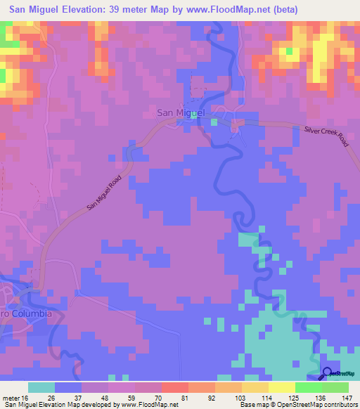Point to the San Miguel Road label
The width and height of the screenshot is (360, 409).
point(104,194)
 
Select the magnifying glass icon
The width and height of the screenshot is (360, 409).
point(328,374)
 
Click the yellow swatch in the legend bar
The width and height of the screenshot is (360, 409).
point(281,387)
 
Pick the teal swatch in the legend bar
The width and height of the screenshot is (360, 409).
point(41,387)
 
